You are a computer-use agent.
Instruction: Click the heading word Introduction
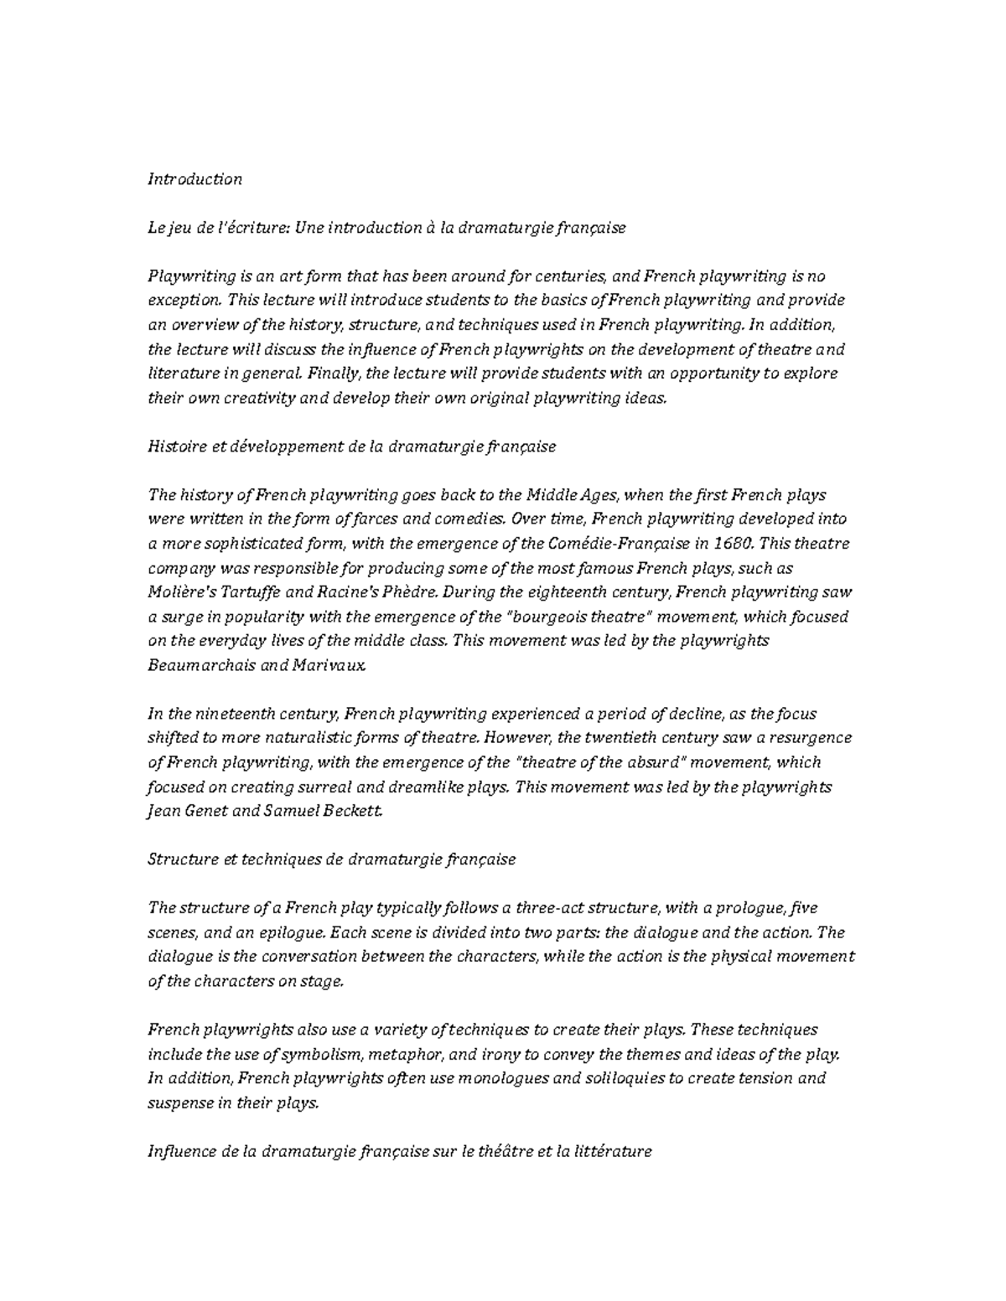(194, 179)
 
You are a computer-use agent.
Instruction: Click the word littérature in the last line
(611, 1151)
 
